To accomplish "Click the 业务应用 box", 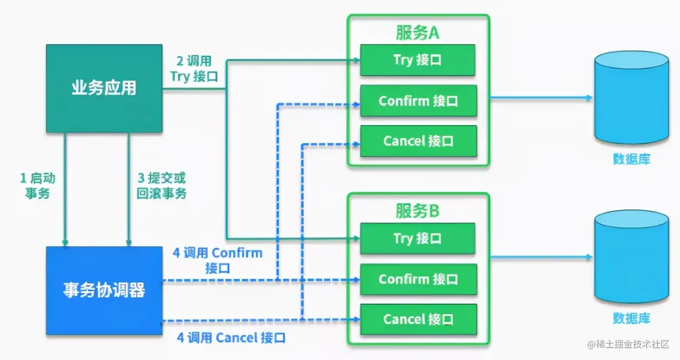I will (x=104, y=88).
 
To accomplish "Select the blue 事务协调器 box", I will (x=104, y=290).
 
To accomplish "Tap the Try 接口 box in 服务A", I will (x=418, y=60).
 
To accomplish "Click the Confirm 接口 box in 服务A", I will (x=418, y=101).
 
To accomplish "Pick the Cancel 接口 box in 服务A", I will (x=418, y=141).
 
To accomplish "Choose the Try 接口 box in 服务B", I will (x=418, y=238).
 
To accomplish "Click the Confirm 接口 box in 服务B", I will (x=418, y=279).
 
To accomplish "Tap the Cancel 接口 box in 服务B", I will (x=418, y=319).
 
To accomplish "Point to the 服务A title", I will (x=417, y=32).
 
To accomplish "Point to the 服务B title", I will (x=417, y=211).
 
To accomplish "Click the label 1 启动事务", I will (x=37, y=186).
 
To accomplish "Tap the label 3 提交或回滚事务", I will (x=162, y=186).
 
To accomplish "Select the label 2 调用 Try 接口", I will (x=194, y=69).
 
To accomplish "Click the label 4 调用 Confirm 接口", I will (x=217, y=260).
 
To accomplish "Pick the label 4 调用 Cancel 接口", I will (x=231, y=338).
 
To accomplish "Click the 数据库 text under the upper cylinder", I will (x=631, y=159).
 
